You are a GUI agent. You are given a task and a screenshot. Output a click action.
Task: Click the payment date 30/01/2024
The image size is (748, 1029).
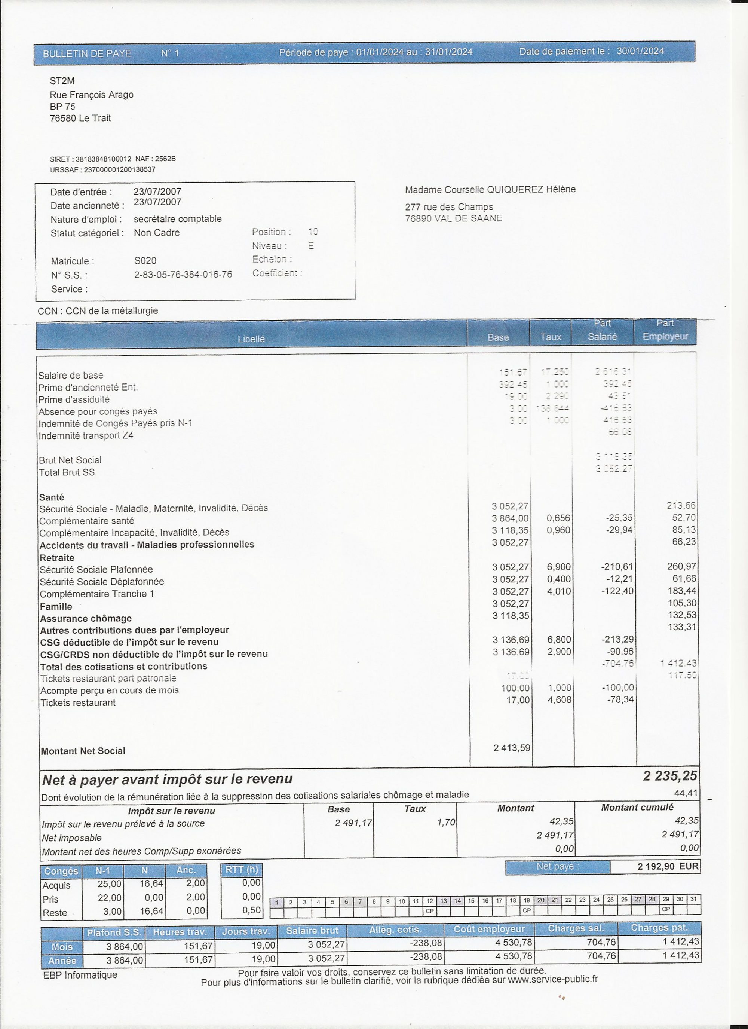[x=640, y=51]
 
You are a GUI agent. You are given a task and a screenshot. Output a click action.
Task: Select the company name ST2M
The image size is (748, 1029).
[x=62, y=81]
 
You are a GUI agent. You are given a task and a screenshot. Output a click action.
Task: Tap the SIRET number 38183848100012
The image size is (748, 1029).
[x=103, y=159]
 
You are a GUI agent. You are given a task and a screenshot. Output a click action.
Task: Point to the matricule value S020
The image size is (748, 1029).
[x=145, y=261]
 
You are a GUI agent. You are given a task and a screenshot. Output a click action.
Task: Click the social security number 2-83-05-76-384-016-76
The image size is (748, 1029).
[x=183, y=275]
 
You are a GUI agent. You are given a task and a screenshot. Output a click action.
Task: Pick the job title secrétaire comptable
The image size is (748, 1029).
[x=177, y=219]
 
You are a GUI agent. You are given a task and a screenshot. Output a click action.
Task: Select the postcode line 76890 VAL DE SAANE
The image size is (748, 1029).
[x=453, y=218]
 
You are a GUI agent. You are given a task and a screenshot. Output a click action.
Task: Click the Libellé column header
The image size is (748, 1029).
[x=251, y=339]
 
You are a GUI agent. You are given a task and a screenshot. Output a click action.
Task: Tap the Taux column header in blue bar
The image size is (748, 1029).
[x=551, y=337]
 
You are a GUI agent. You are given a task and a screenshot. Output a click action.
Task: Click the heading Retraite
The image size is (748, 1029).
[x=57, y=558]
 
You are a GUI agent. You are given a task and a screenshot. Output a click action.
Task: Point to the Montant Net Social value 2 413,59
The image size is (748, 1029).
[x=511, y=748]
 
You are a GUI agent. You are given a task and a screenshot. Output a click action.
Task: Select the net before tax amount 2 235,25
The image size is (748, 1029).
[x=669, y=776]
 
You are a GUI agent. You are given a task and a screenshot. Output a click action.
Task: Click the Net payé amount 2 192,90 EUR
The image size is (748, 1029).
[x=668, y=867]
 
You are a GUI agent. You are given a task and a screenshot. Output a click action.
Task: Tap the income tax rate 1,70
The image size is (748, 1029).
[x=446, y=822]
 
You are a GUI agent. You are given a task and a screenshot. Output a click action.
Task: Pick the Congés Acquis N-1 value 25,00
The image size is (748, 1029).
[x=109, y=884]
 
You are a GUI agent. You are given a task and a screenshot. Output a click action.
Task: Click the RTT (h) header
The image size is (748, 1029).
[x=242, y=870]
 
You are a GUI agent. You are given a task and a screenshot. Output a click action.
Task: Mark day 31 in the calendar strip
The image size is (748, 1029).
[x=693, y=899]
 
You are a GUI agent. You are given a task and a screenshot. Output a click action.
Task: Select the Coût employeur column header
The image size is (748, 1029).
[x=488, y=929]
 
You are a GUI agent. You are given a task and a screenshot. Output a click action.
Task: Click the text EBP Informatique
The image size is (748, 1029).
[x=80, y=975]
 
